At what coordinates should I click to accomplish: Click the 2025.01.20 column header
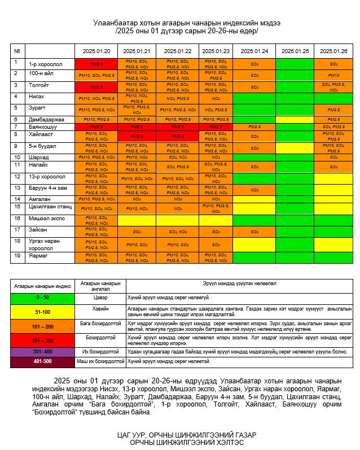pyautogui.click(x=96, y=51)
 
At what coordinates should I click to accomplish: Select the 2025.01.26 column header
pyautogui.click(x=333, y=51)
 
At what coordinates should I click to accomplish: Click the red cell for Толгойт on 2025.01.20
pyautogui.click(x=96, y=88)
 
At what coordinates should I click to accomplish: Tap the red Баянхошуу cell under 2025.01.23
pyautogui.click(x=216, y=127)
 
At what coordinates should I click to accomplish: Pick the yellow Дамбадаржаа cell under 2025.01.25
pyautogui.click(x=295, y=120)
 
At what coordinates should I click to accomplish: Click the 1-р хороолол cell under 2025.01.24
pyautogui.click(x=254, y=64)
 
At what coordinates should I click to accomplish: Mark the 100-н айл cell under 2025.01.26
pyautogui.click(x=333, y=75)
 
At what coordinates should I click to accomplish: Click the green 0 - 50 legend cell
pyautogui.click(x=42, y=296)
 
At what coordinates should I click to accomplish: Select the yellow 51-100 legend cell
pyautogui.click(x=42, y=312)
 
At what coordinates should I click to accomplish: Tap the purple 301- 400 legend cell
pyautogui.click(x=42, y=351)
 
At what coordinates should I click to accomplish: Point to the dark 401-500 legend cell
pyautogui.click(x=42, y=361)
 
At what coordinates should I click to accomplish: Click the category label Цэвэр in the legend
pyautogui.click(x=100, y=296)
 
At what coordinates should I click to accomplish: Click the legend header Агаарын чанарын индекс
pyautogui.click(x=42, y=285)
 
